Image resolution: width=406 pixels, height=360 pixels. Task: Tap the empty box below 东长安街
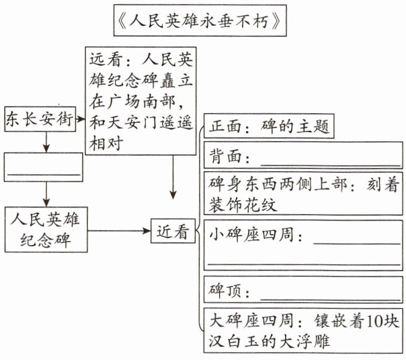point(43,167)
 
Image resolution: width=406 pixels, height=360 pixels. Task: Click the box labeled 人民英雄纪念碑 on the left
point(46,231)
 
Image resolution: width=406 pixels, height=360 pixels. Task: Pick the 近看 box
point(173,232)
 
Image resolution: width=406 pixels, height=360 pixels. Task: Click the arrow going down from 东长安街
point(46,141)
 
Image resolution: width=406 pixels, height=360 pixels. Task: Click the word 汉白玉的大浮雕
point(269,341)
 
